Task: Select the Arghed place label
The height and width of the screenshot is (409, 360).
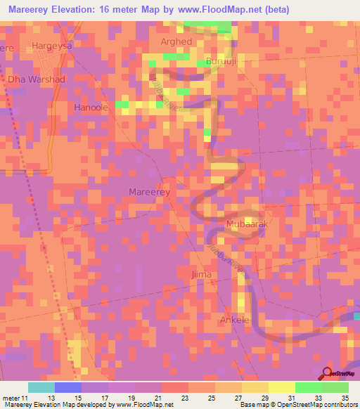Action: [176, 42]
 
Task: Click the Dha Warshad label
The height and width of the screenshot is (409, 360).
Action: [37, 79]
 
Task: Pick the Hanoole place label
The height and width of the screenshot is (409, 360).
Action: [91, 108]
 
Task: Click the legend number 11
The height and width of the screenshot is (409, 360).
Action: [25, 398]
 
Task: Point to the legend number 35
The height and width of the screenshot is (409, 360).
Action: [345, 398]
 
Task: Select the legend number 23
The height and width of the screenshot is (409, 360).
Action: [184, 398]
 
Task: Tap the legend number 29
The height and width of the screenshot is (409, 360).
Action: [264, 398]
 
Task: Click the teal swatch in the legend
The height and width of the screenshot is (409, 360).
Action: [41, 387]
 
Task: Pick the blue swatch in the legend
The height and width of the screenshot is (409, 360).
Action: [68, 387]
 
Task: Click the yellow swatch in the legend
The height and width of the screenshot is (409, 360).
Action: [282, 387]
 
